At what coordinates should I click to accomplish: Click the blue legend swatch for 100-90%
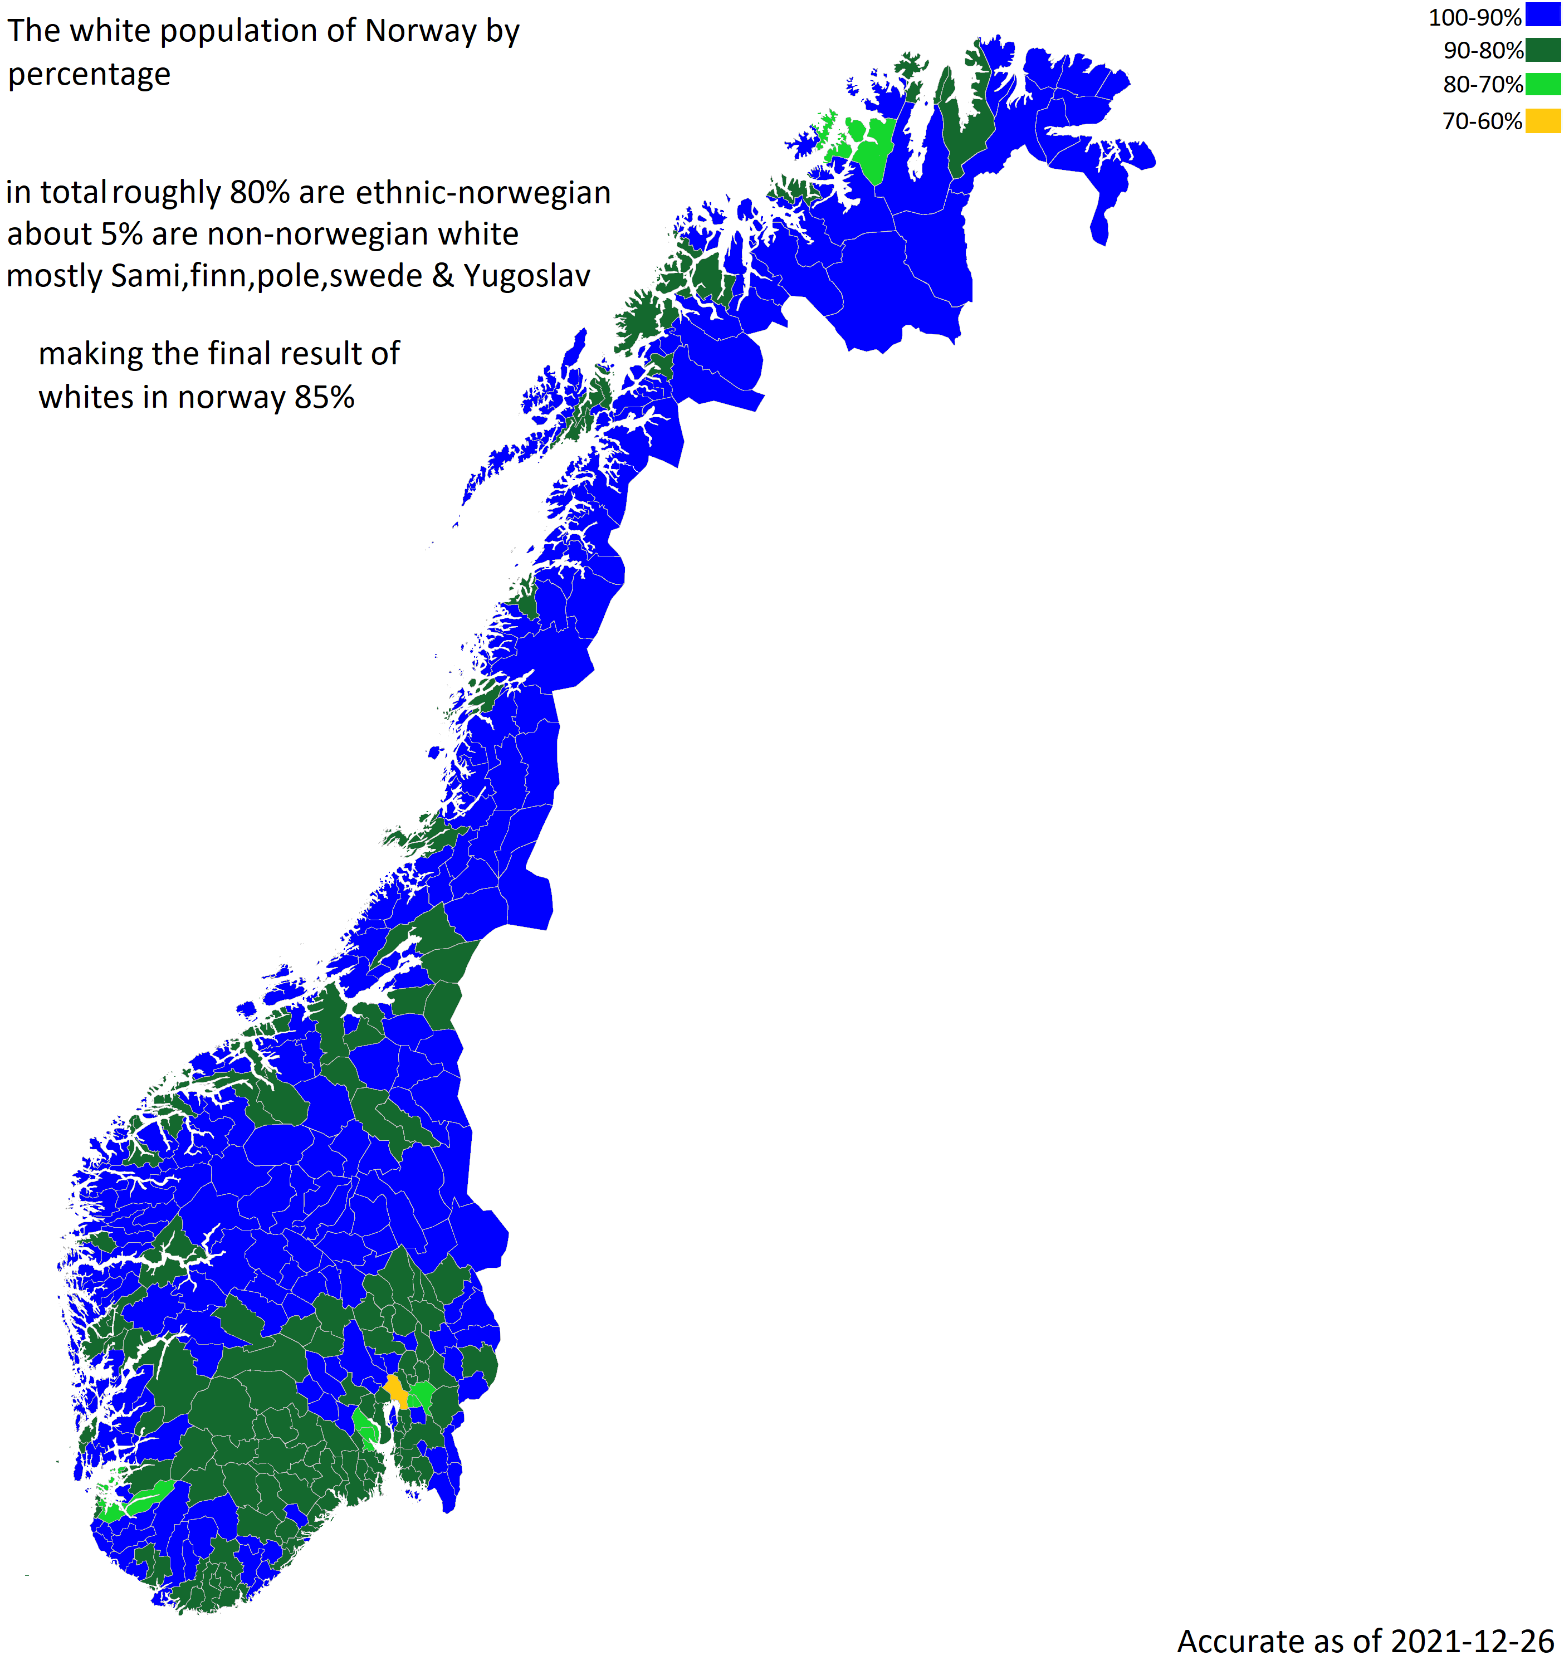tap(1543, 16)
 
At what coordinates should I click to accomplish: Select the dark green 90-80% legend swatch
tap(1543, 49)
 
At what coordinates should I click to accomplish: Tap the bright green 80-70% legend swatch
tap(1543, 84)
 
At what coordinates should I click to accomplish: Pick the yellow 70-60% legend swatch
tap(1543, 121)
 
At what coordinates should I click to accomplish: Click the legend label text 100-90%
tap(1475, 17)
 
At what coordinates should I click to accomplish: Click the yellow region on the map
tap(396, 1391)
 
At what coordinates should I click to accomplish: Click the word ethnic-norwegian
tap(483, 193)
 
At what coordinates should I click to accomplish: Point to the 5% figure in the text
tap(122, 235)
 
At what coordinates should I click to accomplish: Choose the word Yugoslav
tap(527, 276)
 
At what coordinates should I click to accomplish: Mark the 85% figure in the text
tap(324, 398)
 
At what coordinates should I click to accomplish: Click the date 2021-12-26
tap(1472, 1642)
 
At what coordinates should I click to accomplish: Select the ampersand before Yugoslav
tap(443, 276)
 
